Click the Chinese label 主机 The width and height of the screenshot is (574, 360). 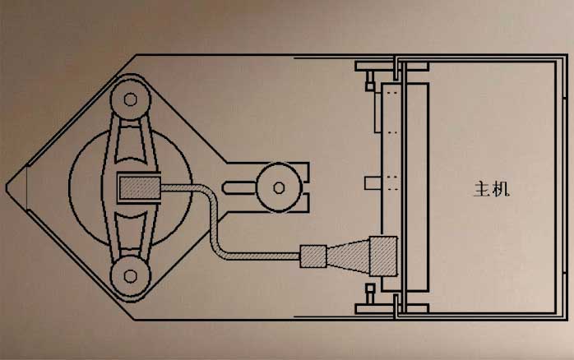point(491,189)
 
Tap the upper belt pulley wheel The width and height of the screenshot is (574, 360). point(130,99)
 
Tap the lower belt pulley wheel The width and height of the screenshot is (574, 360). point(130,276)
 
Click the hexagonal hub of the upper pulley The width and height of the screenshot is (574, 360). point(130,99)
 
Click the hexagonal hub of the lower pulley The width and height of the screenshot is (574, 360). point(130,276)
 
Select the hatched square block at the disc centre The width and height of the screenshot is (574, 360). point(138,187)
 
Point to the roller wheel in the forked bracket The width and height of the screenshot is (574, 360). point(279,187)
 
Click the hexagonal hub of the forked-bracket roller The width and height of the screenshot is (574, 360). point(279,187)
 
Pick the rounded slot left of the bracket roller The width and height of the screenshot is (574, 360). point(240,187)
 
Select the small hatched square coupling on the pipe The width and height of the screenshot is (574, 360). point(313,256)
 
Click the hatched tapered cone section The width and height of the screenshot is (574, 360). point(348,256)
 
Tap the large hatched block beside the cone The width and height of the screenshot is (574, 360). point(383,256)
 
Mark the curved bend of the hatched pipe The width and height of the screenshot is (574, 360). point(215,205)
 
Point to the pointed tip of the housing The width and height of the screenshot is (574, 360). point(7,187)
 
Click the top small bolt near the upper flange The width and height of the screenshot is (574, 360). point(370,81)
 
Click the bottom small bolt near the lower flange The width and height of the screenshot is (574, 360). point(370,293)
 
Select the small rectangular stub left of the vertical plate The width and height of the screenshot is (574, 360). point(373,183)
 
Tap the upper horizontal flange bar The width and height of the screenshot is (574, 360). point(391,67)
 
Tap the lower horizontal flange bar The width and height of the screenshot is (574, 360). point(391,309)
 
